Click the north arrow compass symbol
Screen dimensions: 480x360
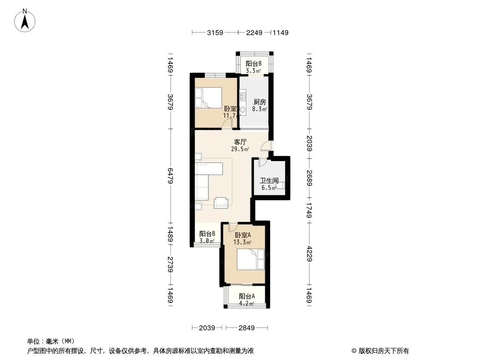click(x=25, y=20)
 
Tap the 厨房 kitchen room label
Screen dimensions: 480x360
click(x=260, y=102)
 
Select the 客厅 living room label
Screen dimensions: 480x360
click(x=240, y=142)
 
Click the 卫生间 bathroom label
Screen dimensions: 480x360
click(x=269, y=180)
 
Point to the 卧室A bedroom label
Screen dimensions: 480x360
click(x=243, y=235)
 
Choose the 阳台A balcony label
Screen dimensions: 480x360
click(x=247, y=296)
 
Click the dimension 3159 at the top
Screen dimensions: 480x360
click(x=215, y=32)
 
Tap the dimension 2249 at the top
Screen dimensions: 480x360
click(x=254, y=32)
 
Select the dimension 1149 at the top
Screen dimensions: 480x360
click(x=281, y=32)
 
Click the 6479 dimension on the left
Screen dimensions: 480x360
click(x=171, y=176)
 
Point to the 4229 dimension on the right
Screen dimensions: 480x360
click(x=309, y=254)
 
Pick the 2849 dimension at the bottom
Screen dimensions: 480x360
click(x=246, y=328)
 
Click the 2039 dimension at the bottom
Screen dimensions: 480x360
click(x=207, y=328)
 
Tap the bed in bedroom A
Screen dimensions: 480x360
click(x=250, y=259)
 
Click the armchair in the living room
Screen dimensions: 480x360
click(x=221, y=203)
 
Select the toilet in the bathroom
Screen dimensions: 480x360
click(x=280, y=185)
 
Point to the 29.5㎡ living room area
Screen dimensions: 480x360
click(x=240, y=149)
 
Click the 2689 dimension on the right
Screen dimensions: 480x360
click(x=309, y=178)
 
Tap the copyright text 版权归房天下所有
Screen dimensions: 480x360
click(x=384, y=351)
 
